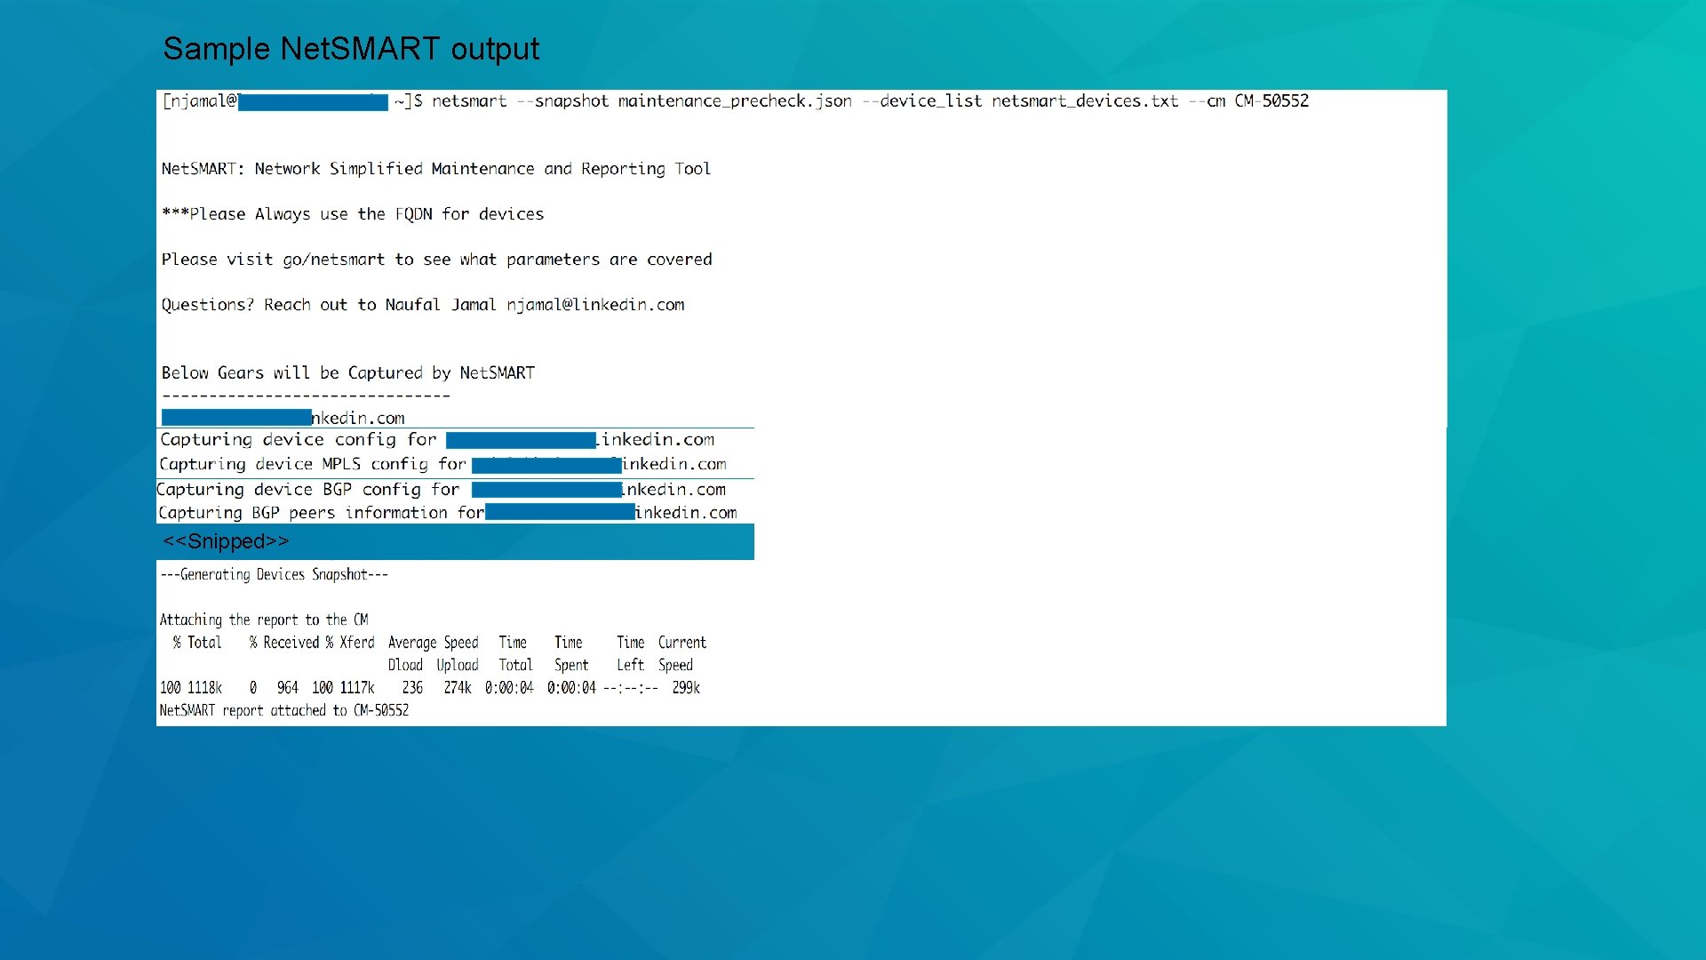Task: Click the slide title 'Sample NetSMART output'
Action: pyautogui.click(x=351, y=49)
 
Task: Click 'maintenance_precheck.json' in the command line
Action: pyautogui.click(x=735, y=101)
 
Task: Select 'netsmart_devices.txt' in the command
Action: pyautogui.click(x=1085, y=101)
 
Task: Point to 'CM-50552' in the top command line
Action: pyautogui.click(x=1272, y=101)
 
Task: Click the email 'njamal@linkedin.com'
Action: pyautogui.click(x=595, y=305)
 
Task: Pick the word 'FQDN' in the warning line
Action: pyautogui.click(x=413, y=214)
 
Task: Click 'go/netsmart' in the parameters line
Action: pyautogui.click(x=334, y=260)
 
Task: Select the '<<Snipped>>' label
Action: pyautogui.click(x=226, y=541)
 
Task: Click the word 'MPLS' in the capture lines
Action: pyautogui.click(x=341, y=464)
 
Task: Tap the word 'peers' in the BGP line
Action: pyautogui.click(x=312, y=513)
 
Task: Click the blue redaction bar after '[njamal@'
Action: pyautogui.click(x=313, y=102)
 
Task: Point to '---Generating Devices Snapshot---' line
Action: pyautogui.click(x=274, y=574)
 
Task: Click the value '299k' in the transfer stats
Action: pyautogui.click(x=686, y=688)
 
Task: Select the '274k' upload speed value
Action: pyautogui.click(x=458, y=688)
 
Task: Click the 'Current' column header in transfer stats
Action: pyautogui.click(x=682, y=643)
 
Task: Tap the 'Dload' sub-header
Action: pyautogui.click(x=405, y=665)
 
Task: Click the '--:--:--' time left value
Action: pyautogui.click(x=631, y=688)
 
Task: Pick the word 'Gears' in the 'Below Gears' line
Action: pyautogui.click(x=240, y=373)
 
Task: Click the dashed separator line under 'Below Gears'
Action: pyautogui.click(x=306, y=396)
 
